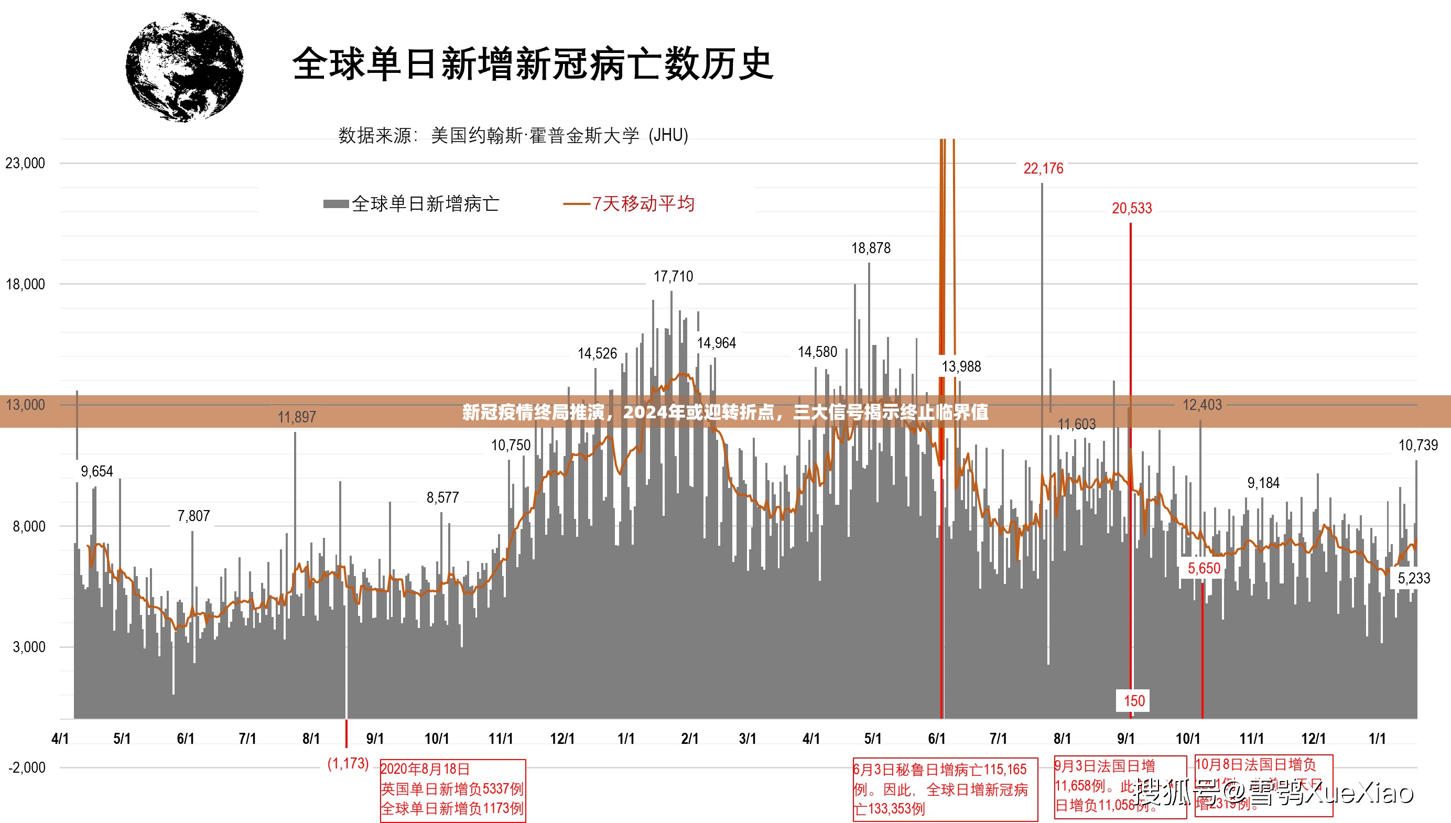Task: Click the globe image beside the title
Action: [x=185, y=67]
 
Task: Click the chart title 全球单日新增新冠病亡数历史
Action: [x=532, y=64]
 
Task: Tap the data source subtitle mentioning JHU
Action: [x=513, y=136]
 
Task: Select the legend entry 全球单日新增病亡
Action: [x=412, y=203]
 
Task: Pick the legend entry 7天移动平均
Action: [x=629, y=203]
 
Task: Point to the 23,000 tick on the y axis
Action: [x=25, y=164]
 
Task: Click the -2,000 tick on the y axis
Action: [x=26, y=767]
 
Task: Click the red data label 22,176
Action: [x=1043, y=168]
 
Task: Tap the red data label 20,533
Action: [x=1131, y=209]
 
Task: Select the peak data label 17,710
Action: [x=673, y=276]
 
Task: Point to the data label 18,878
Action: [x=871, y=248]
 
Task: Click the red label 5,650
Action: [x=1204, y=568]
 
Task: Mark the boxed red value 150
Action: [x=1134, y=701]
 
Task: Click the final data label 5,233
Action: [x=1414, y=578]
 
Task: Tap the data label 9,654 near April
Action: [x=96, y=471]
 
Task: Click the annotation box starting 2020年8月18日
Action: [x=452, y=789]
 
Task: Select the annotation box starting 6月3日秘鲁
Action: [x=945, y=789]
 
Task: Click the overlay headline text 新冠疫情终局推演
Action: [x=724, y=412]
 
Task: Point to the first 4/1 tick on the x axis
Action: [x=60, y=738]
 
